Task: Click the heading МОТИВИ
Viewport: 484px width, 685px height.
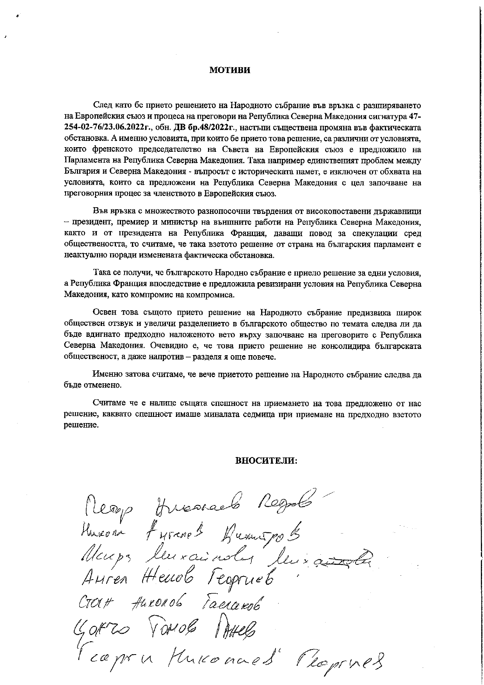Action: pyautogui.click(x=230, y=70)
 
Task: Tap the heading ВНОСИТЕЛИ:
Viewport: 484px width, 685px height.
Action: pyautogui.click(x=267, y=460)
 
